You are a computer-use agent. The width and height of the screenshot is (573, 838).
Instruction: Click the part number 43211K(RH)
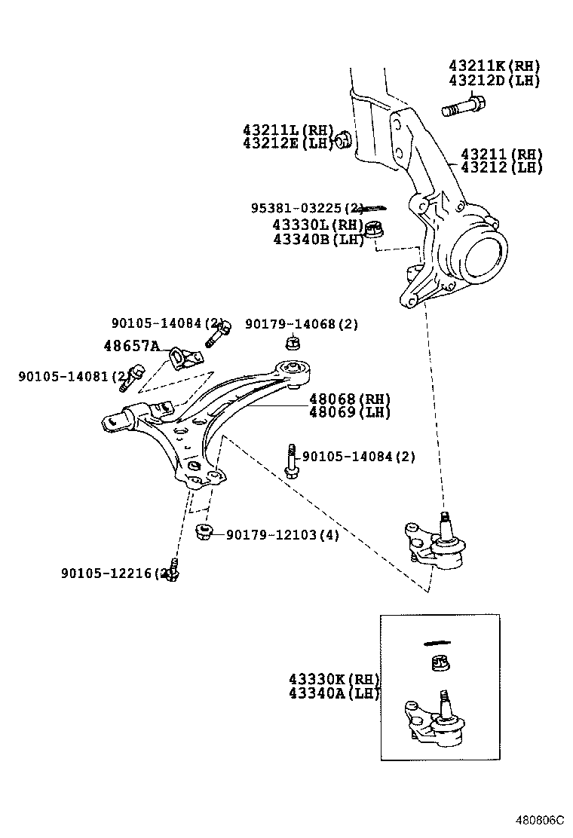(x=495, y=66)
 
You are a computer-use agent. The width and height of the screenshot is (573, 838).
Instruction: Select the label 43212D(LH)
(x=495, y=81)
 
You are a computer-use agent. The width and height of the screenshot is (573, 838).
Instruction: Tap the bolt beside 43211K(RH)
(x=464, y=106)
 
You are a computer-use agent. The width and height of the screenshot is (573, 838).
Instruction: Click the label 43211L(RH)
(x=288, y=130)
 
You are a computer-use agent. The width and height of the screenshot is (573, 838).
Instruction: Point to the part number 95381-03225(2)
(x=308, y=207)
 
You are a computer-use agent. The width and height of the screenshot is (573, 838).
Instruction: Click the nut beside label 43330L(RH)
(x=374, y=228)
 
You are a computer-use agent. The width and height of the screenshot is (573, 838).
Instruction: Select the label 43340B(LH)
(x=319, y=239)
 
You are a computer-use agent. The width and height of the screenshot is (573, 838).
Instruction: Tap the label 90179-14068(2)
(x=302, y=324)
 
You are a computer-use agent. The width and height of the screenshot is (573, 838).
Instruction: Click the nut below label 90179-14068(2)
(x=293, y=342)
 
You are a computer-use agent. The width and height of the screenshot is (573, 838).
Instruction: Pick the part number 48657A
(x=132, y=346)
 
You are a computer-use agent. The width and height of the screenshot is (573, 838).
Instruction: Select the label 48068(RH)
(x=350, y=399)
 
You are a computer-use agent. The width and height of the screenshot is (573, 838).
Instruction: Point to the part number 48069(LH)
(x=350, y=412)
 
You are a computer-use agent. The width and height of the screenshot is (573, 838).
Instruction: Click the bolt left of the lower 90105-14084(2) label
(x=292, y=461)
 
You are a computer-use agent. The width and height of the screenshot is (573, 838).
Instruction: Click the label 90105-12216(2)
(x=118, y=573)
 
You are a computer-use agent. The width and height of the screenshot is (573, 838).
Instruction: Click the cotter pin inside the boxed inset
(x=437, y=643)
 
